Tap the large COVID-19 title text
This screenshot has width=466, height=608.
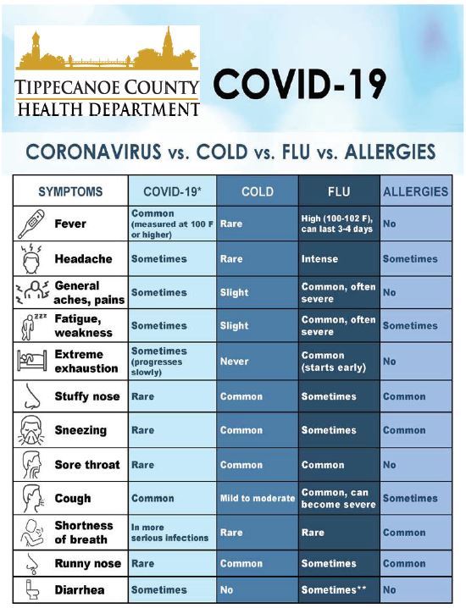(300, 85)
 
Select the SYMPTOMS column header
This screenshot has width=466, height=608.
(70, 191)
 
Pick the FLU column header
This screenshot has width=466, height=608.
(338, 191)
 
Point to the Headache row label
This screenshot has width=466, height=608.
(79, 259)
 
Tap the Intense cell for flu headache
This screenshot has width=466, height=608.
(319, 259)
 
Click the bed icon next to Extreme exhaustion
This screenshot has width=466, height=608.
(31, 362)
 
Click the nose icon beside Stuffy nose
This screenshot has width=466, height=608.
(31, 396)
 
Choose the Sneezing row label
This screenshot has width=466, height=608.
(80, 430)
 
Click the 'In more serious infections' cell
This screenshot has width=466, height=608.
(169, 533)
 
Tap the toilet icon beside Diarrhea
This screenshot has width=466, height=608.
(30, 589)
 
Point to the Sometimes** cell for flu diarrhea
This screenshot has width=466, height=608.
(332, 589)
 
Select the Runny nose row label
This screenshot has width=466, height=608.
(88, 564)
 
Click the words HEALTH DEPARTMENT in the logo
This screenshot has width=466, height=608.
(108, 108)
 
